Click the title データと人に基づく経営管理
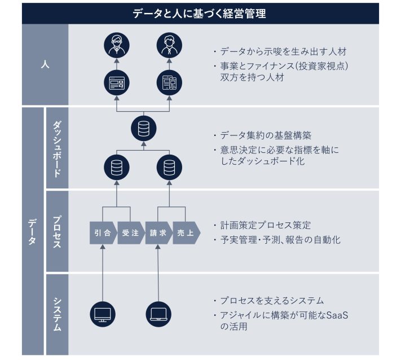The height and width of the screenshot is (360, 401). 199,14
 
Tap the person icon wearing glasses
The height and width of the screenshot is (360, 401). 117,45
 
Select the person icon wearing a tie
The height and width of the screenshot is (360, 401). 169,45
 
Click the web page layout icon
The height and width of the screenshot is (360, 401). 117,83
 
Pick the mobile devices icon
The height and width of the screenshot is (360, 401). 169,83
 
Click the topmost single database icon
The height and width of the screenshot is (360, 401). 144,129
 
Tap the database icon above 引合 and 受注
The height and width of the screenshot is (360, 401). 117,168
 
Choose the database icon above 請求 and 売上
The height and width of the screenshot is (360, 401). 169,168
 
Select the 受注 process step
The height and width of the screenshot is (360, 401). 131,233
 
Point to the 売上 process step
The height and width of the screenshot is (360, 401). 187,233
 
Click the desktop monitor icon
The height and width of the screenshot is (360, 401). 103,314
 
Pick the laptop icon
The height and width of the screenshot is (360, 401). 158,314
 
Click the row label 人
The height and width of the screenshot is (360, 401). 45,64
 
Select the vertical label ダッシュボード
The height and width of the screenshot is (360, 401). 57,149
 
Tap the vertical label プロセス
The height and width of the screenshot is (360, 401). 57,231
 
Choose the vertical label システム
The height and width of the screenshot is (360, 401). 57,314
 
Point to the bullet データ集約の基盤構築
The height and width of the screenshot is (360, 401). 266,135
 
